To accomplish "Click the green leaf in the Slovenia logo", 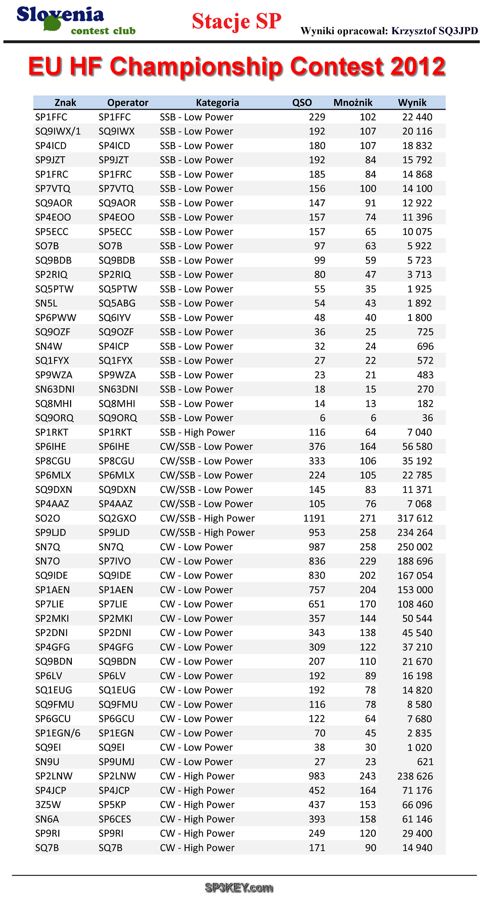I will (53, 23).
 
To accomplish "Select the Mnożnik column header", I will (353, 102).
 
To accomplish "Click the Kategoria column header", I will (217, 102).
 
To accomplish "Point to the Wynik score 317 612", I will (415, 518).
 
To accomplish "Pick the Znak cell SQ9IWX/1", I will (58, 131).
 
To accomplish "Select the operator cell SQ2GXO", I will (117, 518).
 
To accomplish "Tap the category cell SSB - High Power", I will (197, 432).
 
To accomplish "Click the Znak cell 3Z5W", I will (48, 804).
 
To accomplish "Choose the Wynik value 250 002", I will (415, 547).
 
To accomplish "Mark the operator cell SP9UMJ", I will (116, 761).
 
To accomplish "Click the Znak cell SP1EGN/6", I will (58, 733).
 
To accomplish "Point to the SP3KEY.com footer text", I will (239, 887).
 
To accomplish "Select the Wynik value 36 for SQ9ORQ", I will (427, 418).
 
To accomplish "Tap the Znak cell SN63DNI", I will (54, 389).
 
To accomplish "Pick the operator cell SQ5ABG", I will (117, 303).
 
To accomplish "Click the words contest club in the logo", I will (103, 31).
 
